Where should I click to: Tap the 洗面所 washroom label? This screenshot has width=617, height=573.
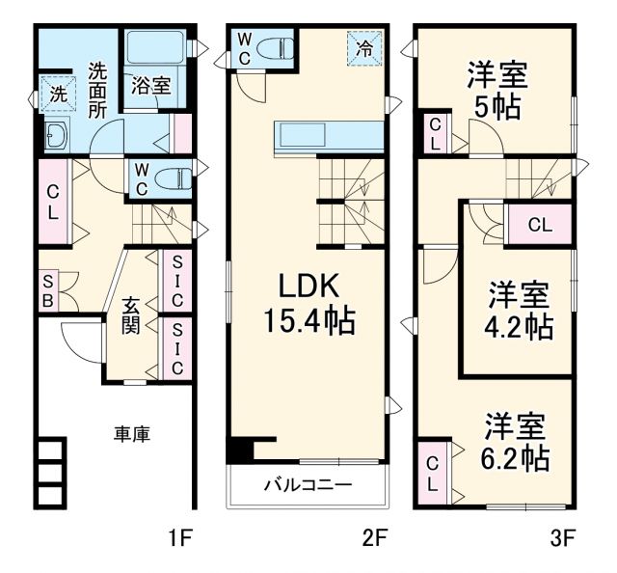click(x=97, y=89)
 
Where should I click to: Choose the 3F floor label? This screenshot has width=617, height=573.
click(x=564, y=537)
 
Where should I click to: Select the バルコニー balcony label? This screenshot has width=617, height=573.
click(x=308, y=484)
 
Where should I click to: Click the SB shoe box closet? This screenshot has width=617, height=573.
click(x=47, y=290)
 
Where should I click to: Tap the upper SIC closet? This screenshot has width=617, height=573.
click(x=176, y=281)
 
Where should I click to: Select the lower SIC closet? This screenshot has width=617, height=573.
click(x=176, y=349)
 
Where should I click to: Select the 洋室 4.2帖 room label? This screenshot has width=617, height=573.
click(x=519, y=310)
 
